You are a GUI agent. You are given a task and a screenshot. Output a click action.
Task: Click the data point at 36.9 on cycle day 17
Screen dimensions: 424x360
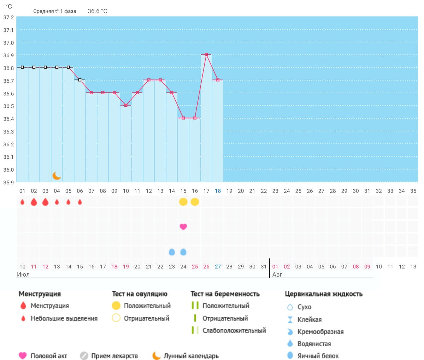tap(206, 54)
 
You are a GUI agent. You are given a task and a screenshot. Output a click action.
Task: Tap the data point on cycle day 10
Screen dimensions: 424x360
tap(126, 105)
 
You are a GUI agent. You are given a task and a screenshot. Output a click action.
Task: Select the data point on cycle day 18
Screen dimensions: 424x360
tap(218, 80)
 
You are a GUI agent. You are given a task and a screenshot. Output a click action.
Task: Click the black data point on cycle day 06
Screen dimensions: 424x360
tap(80, 80)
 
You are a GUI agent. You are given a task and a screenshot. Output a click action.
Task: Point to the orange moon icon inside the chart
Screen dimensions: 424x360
tap(57, 176)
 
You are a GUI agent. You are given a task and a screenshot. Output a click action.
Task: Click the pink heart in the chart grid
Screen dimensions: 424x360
tap(183, 226)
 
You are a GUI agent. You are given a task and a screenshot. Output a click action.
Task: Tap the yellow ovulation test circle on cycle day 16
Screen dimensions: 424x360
tap(195, 202)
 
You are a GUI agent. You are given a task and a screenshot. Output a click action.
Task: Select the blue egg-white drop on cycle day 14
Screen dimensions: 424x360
tap(172, 252)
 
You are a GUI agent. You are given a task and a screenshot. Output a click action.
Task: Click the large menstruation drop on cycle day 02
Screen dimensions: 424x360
tap(34, 202)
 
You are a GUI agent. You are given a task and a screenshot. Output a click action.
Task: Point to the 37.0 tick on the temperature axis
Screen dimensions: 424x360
tap(8, 43)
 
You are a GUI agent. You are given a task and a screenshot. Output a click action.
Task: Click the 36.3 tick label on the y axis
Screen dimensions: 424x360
tap(8, 132)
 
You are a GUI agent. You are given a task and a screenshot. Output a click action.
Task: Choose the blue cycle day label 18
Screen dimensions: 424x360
tap(218, 191)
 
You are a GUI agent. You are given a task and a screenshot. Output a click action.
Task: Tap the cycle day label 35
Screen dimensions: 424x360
tap(413, 191)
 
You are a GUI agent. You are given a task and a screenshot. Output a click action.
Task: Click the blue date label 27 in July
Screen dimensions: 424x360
tap(218, 266)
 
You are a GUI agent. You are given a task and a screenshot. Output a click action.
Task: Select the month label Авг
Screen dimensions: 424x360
tap(277, 275)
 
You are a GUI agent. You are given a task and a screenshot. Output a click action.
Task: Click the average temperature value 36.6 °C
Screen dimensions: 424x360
tap(98, 11)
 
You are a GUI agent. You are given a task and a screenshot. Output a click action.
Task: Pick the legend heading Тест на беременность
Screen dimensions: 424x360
tap(225, 294)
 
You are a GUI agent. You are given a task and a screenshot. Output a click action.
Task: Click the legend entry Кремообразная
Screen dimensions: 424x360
tap(320, 332)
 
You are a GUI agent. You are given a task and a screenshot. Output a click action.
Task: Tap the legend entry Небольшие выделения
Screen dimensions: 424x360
tap(64, 318)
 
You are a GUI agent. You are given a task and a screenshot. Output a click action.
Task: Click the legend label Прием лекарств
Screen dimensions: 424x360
tap(114, 356)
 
